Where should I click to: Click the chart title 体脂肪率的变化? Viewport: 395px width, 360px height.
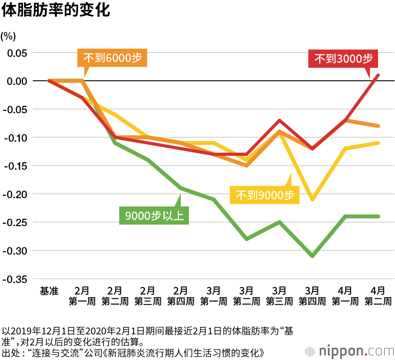tap(56, 11)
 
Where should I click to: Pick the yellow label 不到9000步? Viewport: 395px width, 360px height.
tap(265, 195)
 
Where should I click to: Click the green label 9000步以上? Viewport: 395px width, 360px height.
tap(154, 216)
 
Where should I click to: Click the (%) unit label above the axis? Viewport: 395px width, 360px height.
tap(8, 36)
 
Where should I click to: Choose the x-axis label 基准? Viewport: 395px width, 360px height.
tap(49, 291)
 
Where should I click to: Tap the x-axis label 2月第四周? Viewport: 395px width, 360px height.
tap(181, 296)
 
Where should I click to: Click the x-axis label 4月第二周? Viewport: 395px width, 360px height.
tap(378, 296)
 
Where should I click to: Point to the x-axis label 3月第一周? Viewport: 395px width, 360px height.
tap(213, 296)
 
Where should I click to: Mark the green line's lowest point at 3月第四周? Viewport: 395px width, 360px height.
tap(312, 256)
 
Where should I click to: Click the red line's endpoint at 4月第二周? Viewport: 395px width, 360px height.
tap(378, 75)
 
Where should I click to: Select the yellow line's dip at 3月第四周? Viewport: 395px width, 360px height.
tap(312, 200)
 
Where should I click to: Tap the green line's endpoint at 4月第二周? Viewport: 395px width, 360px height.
tap(378, 216)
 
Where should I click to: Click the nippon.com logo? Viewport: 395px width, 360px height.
tap(349, 351)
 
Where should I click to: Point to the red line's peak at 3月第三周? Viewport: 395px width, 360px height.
tap(279, 120)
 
